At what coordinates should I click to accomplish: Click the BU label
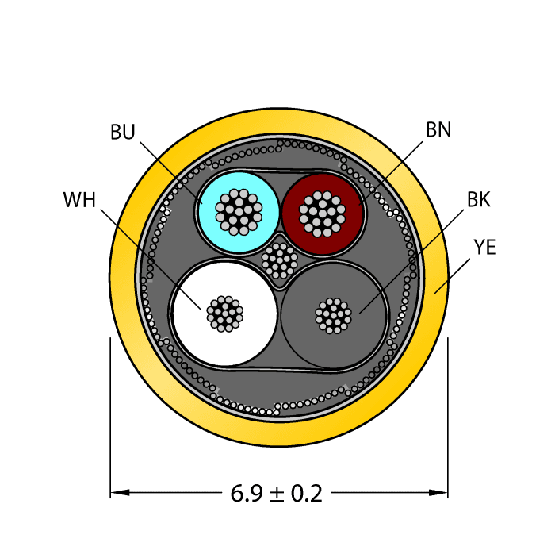pos(123,133)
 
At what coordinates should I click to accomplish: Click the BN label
pos(438,129)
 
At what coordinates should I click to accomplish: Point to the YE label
pos(484,248)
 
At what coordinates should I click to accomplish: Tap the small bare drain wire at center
pos(279,258)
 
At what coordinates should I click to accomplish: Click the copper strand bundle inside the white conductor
pos(224,314)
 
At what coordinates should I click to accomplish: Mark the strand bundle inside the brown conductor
pos(323,214)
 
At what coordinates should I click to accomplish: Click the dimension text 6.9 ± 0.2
pos(277,494)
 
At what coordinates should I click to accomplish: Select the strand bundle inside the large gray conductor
pos(333,316)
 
